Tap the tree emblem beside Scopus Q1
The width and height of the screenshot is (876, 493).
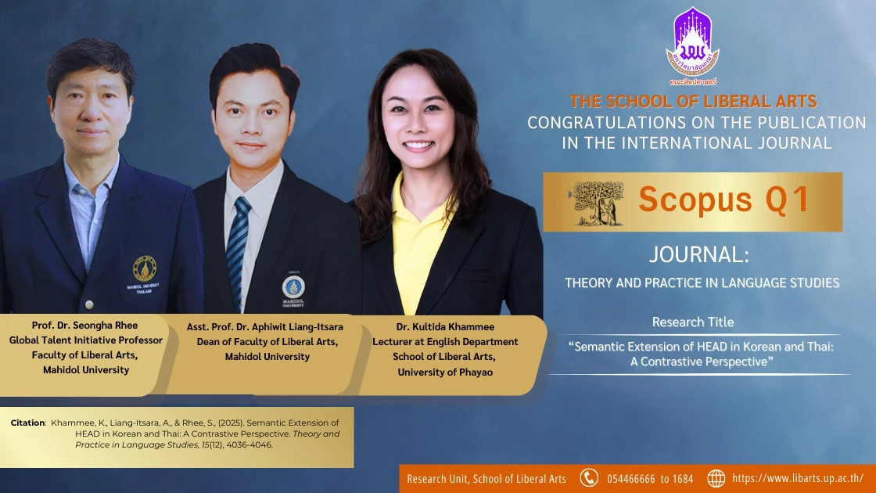pos(597,203)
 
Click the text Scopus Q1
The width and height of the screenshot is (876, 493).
pos(724,200)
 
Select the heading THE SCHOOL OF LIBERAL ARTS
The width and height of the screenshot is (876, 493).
pos(693,101)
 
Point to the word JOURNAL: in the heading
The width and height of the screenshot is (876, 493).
pos(699,255)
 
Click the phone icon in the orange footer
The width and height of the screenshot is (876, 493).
pos(589,478)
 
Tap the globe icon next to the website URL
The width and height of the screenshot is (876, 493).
pos(716,478)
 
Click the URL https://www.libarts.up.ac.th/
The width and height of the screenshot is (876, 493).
pos(798,478)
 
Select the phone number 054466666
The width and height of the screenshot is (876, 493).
pos(630,479)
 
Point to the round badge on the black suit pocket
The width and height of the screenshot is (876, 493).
pos(293,286)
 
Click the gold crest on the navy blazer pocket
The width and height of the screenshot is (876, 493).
pos(145,269)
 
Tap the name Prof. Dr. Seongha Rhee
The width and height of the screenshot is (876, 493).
pos(85,326)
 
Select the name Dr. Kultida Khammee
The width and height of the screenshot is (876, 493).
pos(445,327)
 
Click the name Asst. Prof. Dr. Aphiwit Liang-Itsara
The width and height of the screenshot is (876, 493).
pos(265,327)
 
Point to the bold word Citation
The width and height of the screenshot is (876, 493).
pos(28,423)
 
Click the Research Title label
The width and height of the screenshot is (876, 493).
pos(693,322)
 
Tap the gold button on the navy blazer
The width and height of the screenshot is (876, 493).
pos(89,305)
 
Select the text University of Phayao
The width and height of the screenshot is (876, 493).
pos(445,372)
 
